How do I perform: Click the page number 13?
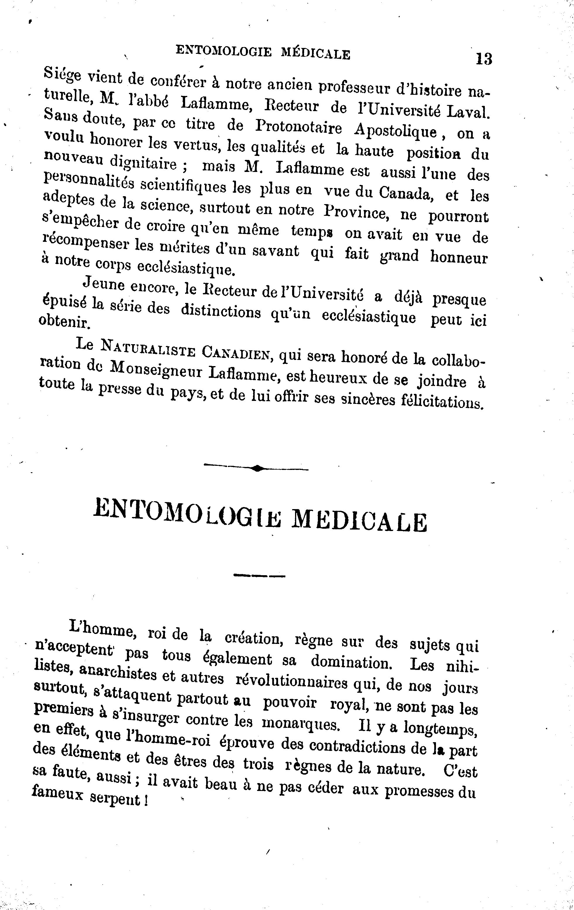click(x=484, y=59)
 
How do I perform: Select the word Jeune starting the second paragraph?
click(x=104, y=283)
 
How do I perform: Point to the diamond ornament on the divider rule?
click(x=257, y=469)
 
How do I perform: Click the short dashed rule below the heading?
click(x=259, y=576)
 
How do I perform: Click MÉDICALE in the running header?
click(x=316, y=54)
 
